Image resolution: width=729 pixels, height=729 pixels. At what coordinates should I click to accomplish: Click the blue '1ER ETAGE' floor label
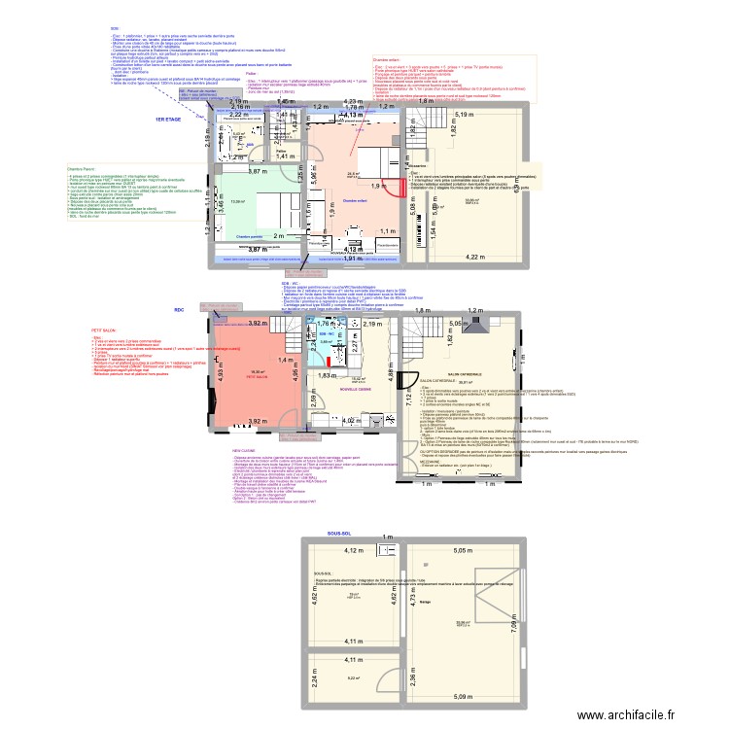point(169,119)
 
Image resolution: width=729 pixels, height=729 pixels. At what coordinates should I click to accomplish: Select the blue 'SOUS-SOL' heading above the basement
point(340,534)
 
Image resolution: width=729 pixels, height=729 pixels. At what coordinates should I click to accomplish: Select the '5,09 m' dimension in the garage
point(462,696)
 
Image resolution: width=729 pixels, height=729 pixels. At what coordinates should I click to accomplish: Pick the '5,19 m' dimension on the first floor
point(463,115)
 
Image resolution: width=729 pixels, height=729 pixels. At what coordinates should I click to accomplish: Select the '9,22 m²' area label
point(351,678)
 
